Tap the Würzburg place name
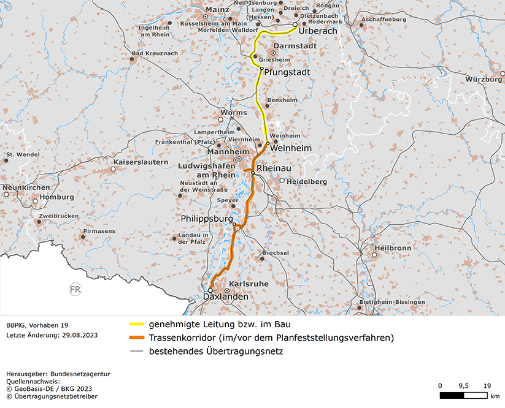[x=484, y=80]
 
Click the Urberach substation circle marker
[x=295, y=25]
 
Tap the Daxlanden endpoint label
[x=226, y=297]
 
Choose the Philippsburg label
[x=207, y=219]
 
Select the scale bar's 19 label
[x=487, y=385]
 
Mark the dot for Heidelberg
[x=282, y=181]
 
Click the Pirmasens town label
[x=107, y=231]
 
